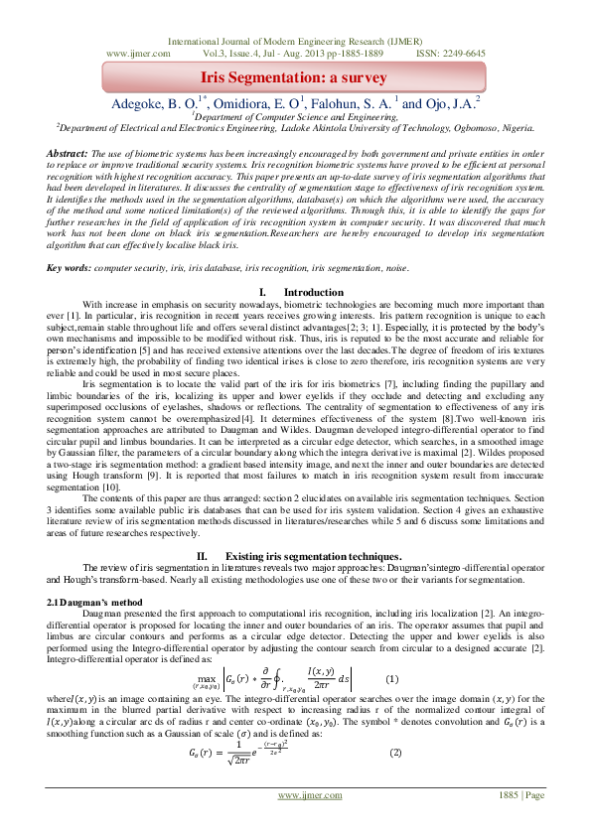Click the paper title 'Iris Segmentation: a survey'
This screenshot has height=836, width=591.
tap(295, 76)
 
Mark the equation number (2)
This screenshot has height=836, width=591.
tap(394, 752)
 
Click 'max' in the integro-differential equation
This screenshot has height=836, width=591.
tap(211, 675)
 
